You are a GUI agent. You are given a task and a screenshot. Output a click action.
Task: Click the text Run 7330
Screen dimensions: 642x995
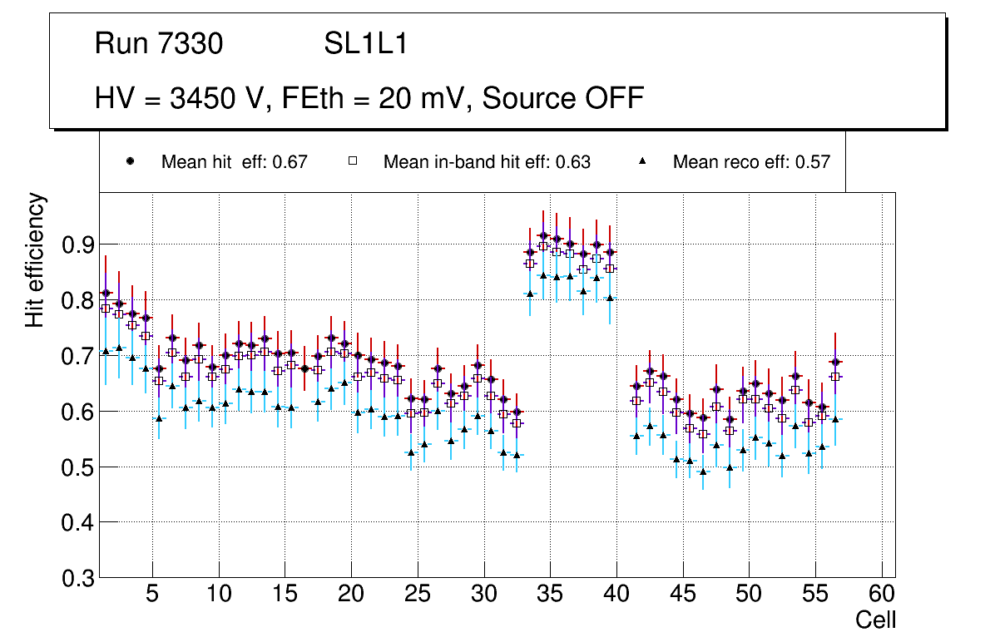159,43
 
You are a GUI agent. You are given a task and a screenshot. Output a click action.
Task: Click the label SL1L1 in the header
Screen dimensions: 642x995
365,43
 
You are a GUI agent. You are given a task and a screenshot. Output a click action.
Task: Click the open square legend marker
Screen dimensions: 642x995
352,162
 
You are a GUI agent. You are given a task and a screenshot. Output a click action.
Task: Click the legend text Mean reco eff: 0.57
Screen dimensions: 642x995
751,162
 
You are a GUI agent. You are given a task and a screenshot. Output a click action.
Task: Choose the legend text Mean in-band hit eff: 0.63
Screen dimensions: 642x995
487,162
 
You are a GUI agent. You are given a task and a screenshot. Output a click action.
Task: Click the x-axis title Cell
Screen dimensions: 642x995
876,620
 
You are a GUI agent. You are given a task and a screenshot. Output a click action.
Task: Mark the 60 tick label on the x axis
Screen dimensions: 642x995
882,595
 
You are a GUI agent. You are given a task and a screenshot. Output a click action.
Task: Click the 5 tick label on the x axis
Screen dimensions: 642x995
152,595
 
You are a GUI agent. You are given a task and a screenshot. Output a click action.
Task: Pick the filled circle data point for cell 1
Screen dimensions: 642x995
106,293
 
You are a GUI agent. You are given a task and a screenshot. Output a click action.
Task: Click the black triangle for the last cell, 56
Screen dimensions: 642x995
835,419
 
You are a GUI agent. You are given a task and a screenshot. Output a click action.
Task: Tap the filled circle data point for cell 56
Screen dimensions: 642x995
835,362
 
